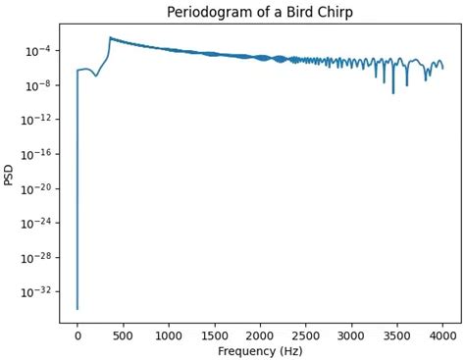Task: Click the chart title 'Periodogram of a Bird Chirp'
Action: (x=260, y=11)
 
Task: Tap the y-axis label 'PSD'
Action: (x=9, y=175)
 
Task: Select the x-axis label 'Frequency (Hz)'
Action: (x=260, y=350)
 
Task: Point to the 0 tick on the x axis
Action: (x=77, y=334)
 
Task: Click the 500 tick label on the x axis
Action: (x=124, y=334)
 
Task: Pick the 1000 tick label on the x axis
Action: (x=169, y=334)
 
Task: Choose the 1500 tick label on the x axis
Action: (x=215, y=334)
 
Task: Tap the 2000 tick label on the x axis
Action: (x=260, y=334)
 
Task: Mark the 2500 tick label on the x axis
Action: (x=306, y=334)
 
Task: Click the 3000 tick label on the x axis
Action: (x=351, y=334)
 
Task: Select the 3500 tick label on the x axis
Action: (x=397, y=334)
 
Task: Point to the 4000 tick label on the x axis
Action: (x=442, y=334)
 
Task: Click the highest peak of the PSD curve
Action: (x=110, y=38)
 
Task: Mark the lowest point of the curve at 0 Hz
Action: (x=77, y=309)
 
